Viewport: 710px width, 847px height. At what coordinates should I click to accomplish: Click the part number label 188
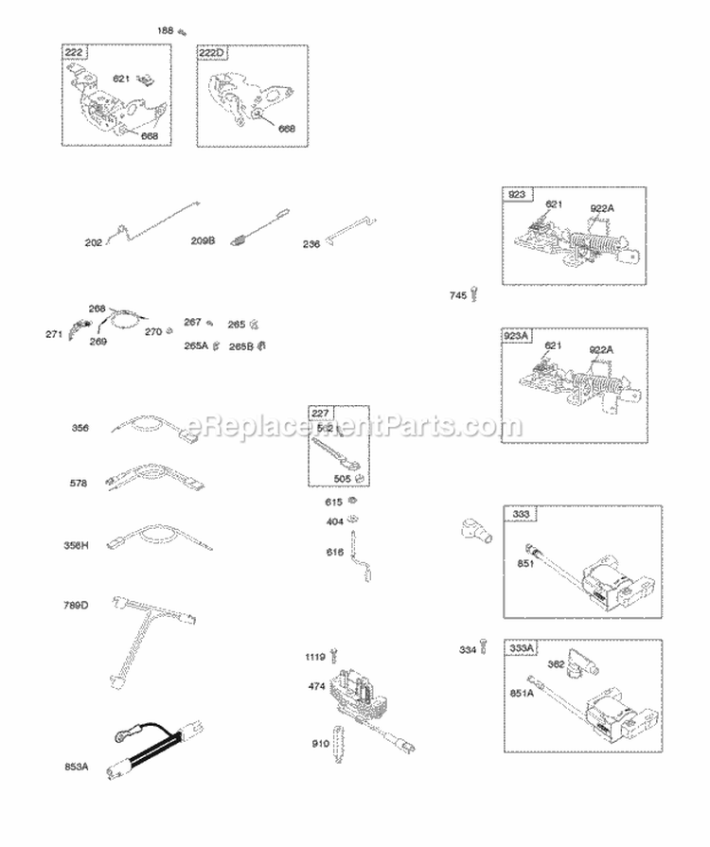tap(165, 31)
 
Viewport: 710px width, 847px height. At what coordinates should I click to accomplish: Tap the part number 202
tap(93, 243)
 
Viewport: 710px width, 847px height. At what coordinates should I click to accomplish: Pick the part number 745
tap(458, 296)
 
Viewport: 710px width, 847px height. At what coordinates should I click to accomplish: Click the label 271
tap(54, 334)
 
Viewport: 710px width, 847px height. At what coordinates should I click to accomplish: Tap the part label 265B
tap(240, 345)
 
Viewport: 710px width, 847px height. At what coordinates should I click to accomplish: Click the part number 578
tap(78, 484)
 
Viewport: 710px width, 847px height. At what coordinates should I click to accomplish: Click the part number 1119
tap(315, 656)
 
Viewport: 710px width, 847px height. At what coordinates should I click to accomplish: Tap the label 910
tap(319, 744)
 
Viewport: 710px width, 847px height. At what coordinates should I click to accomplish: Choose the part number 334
tap(467, 649)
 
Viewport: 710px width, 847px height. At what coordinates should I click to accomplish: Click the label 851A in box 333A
tap(523, 692)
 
